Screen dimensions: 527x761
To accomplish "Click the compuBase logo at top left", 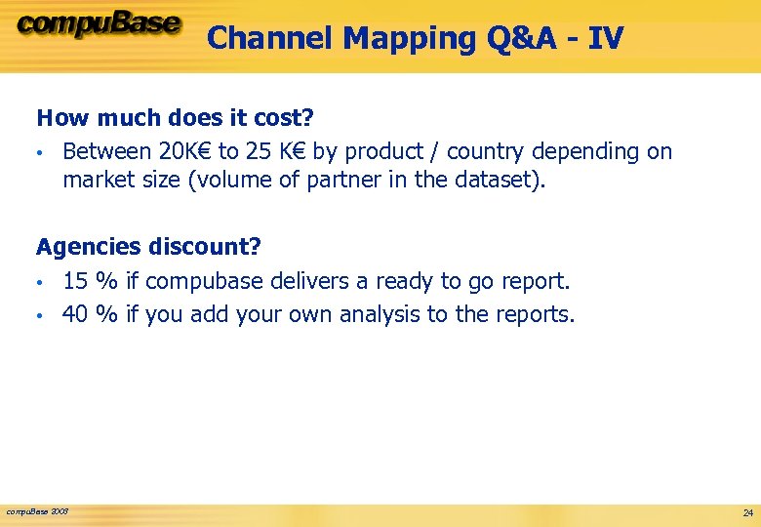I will [x=98, y=24].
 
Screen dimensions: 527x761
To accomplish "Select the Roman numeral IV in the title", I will [x=605, y=38].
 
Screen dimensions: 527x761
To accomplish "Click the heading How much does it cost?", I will [x=175, y=118].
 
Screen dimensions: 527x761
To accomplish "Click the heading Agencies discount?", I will [x=148, y=247].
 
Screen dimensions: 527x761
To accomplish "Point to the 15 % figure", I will [x=90, y=281].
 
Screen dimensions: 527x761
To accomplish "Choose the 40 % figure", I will [x=90, y=314].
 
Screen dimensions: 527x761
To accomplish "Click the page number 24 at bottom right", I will [x=747, y=512].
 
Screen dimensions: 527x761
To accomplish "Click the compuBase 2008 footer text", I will [x=37, y=511].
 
